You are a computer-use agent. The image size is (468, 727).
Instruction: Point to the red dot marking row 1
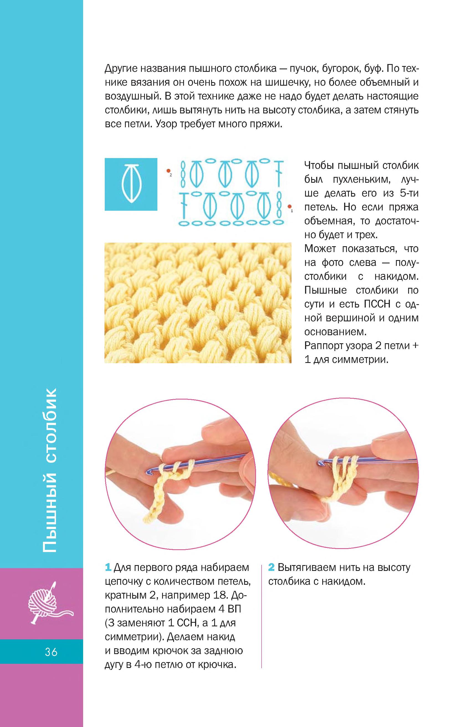pos(289,207)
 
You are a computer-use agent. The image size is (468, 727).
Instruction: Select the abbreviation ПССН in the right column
pos(377,304)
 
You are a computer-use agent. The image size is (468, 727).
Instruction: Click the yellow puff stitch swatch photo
pos(198,303)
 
